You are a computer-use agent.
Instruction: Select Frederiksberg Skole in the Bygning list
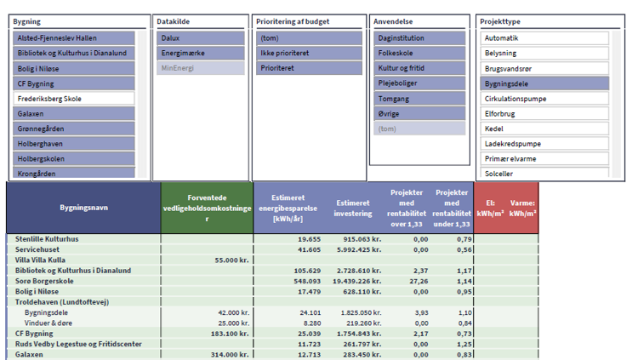point(74,99)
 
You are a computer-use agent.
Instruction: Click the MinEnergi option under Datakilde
point(201,68)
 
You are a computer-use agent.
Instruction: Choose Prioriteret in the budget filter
point(309,68)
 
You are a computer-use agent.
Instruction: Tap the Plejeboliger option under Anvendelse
point(419,83)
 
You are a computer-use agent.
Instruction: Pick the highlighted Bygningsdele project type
point(544,83)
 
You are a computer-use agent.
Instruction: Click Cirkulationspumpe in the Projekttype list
point(544,99)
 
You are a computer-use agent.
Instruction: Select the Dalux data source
point(201,38)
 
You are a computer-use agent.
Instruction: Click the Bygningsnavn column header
point(84,208)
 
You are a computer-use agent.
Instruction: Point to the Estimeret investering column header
point(353,209)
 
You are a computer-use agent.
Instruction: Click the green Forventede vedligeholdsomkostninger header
point(207,208)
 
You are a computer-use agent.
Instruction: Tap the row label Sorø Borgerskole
point(44,281)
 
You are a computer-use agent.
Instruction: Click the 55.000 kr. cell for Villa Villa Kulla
point(231,260)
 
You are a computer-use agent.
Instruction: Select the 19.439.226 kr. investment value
point(356,281)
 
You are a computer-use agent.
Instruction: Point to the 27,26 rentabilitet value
point(419,281)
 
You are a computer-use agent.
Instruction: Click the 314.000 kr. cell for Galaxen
point(230,355)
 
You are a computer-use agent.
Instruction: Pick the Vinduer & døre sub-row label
point(48,323)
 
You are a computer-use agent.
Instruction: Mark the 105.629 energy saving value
point(307,271)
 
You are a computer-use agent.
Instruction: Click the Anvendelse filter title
point(393,21)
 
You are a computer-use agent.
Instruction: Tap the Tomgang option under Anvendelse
point(419,99)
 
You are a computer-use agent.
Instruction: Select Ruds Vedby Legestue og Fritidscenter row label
point(78,344)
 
